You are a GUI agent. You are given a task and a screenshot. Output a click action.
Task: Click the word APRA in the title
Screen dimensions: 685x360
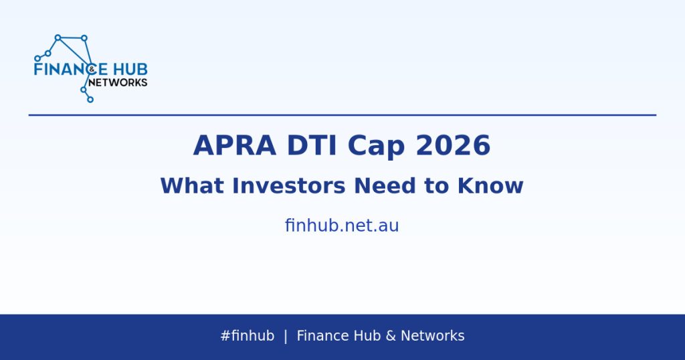[235, 145]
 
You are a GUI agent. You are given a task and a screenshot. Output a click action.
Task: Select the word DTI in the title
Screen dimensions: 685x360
[312, 145]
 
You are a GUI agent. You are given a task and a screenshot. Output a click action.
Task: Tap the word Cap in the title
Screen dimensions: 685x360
[376, 147]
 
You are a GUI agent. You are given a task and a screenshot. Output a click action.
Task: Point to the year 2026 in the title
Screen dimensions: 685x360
[453, 145]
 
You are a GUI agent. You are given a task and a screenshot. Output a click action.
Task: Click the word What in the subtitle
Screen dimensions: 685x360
[192, 185]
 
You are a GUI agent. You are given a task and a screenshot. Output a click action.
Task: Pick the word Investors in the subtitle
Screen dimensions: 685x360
[289, 185]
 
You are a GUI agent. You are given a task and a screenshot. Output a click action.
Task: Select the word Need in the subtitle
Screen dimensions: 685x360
[385, 185]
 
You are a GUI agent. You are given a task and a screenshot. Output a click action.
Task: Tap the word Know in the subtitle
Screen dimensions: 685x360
[490, 185]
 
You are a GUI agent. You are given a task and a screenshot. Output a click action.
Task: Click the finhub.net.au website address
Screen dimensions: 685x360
[342, 226]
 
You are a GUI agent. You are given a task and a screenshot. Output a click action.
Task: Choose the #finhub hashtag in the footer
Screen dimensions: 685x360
[248, 335]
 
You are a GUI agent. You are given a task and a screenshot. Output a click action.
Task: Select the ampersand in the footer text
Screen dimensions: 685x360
[391, 335]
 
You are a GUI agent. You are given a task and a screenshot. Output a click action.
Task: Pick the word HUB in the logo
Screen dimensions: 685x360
[130, 70]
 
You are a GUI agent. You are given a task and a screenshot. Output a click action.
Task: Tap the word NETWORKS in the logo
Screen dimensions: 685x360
[118, 82]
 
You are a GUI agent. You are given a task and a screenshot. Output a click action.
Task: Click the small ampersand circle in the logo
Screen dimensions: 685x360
[91, 69]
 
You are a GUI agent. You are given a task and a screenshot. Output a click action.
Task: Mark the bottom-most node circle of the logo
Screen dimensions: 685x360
[90, 100]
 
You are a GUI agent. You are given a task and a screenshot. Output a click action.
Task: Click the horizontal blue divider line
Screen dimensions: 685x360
[342, 115]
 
